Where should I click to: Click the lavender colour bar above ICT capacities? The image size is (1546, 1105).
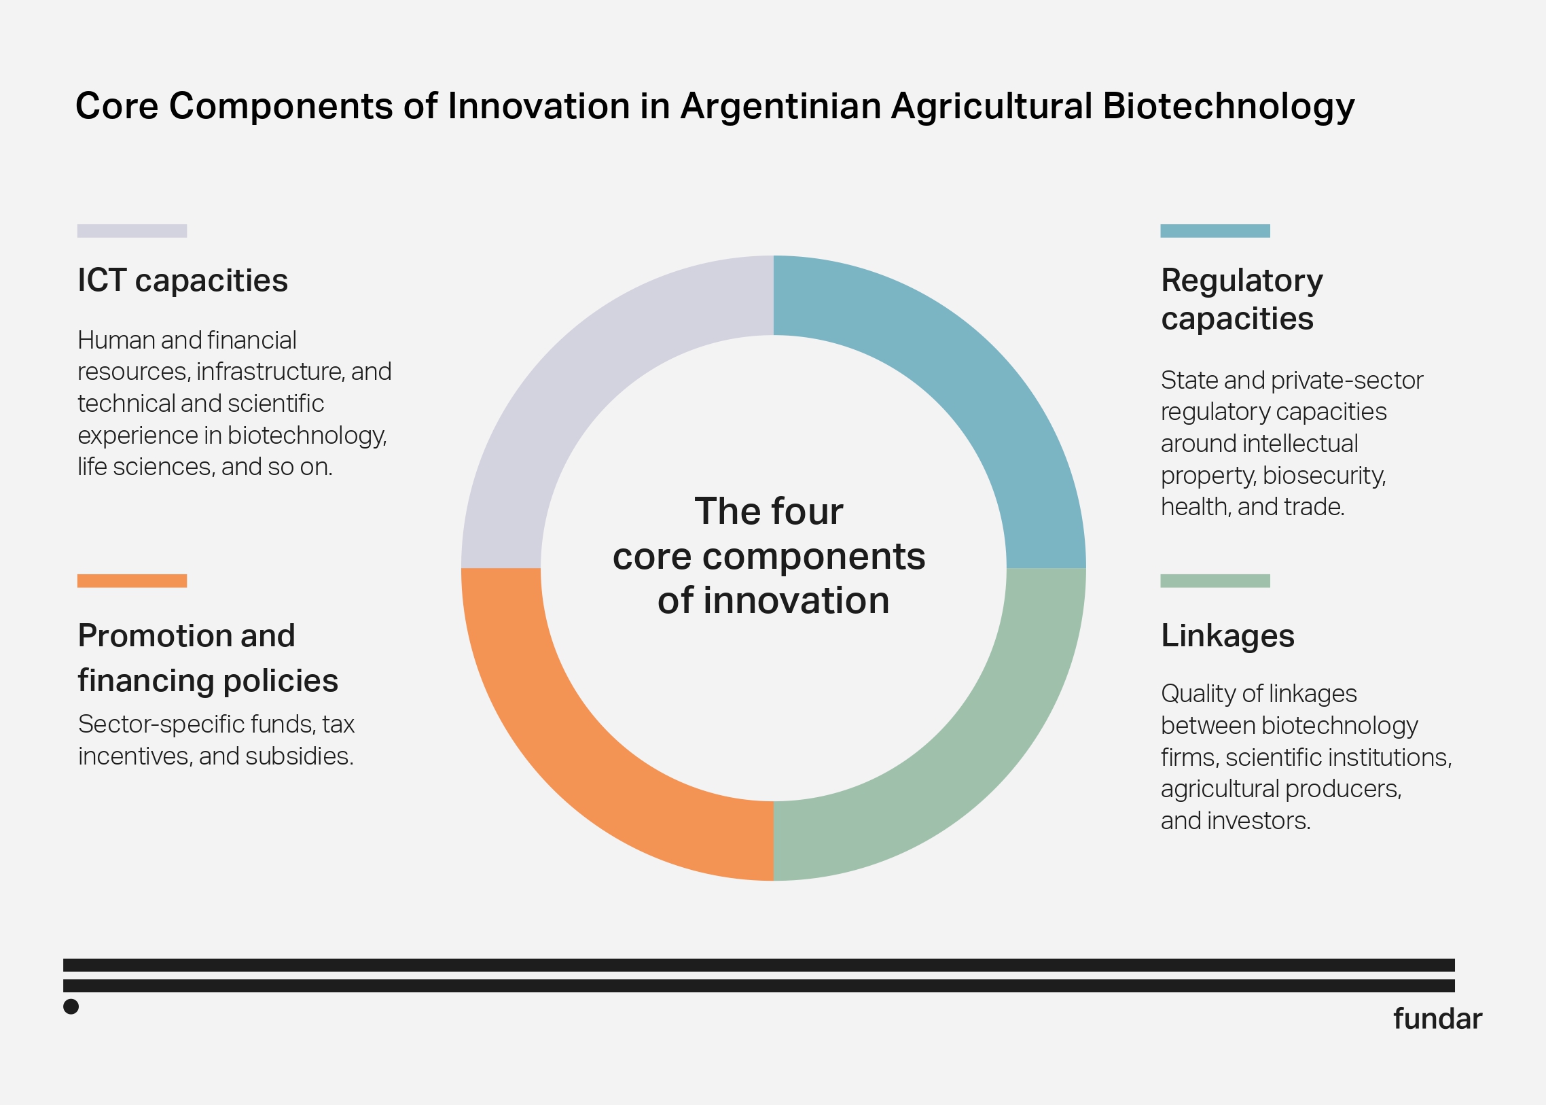point(132,230)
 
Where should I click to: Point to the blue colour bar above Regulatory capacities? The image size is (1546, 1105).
point(1215,230)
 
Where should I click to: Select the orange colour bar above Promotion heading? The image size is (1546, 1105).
point(132,580)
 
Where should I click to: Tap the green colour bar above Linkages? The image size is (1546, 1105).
point(1215,580)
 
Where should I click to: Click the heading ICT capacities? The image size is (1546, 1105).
point(182,281)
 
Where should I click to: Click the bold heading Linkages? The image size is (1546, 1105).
point(1227,635)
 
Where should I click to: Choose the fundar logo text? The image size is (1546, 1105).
point(1437,1019)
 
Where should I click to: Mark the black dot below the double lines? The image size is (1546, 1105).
point(71,1006)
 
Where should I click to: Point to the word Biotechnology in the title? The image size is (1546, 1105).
point(1228,107)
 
